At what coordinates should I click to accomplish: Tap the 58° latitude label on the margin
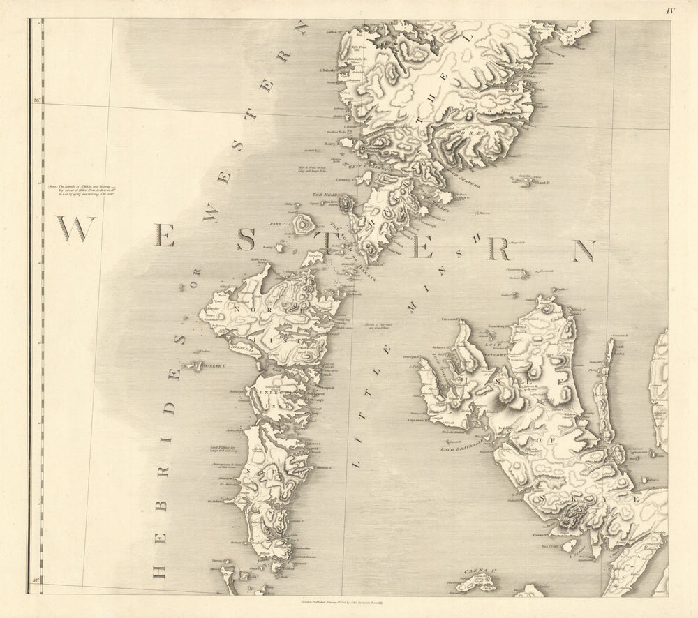pos(36,102)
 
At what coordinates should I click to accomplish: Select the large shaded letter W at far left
pos(75,229)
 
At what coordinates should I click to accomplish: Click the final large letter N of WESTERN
pos(585,251)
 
